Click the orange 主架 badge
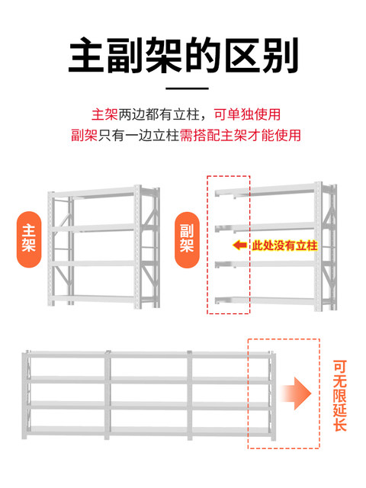29,239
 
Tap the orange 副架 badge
187,239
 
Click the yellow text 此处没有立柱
284,246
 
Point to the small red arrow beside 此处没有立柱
240,246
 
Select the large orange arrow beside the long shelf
296,393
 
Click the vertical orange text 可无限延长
339,395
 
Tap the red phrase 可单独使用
247,114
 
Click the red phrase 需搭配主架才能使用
240,135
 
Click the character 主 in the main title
86,56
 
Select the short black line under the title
187,88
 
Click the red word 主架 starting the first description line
104,114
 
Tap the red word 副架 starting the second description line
85,135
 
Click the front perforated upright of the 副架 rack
318,246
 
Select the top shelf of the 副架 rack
265,190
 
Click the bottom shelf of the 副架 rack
265,300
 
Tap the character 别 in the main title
281,56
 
